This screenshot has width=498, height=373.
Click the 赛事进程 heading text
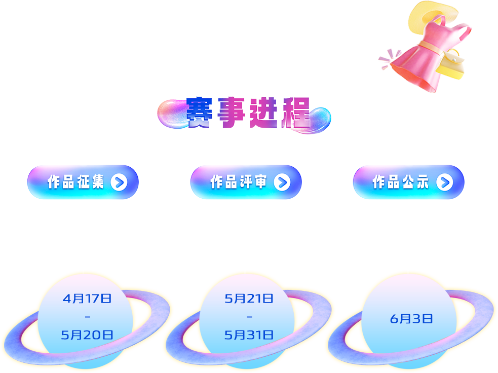[x=248, y=114]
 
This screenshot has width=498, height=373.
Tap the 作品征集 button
[x=83, y=182]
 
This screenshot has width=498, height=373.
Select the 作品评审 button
[x=246, y=182]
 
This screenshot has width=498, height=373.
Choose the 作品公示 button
[x=408, y=182]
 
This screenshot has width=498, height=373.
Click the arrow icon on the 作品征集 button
[x=119, y=182]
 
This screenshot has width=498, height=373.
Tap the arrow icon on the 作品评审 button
[x=282, y=182]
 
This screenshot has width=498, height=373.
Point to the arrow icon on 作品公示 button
[x=444, y=182]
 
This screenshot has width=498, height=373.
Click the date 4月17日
[x=87, y=299]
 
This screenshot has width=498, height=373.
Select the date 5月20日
[x=87, y=334]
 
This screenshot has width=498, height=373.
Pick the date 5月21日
[x=249, y=299]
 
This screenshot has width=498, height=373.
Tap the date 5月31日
[x=249, y=334]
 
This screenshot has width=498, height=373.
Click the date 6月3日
[x=411, y=319]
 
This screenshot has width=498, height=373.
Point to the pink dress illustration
[x=425, y=56]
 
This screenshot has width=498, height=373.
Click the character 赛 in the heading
[x=201, y=114]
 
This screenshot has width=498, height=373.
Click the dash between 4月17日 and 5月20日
[x=87, y=317]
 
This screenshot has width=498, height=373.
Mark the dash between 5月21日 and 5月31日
[x=249, y=317]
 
